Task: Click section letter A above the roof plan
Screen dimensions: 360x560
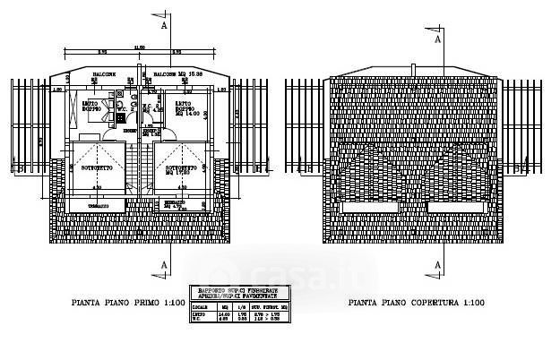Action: [437, 40]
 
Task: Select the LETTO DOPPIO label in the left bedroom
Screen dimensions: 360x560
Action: [91, 107]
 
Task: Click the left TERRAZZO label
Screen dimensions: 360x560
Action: [99, 206]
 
